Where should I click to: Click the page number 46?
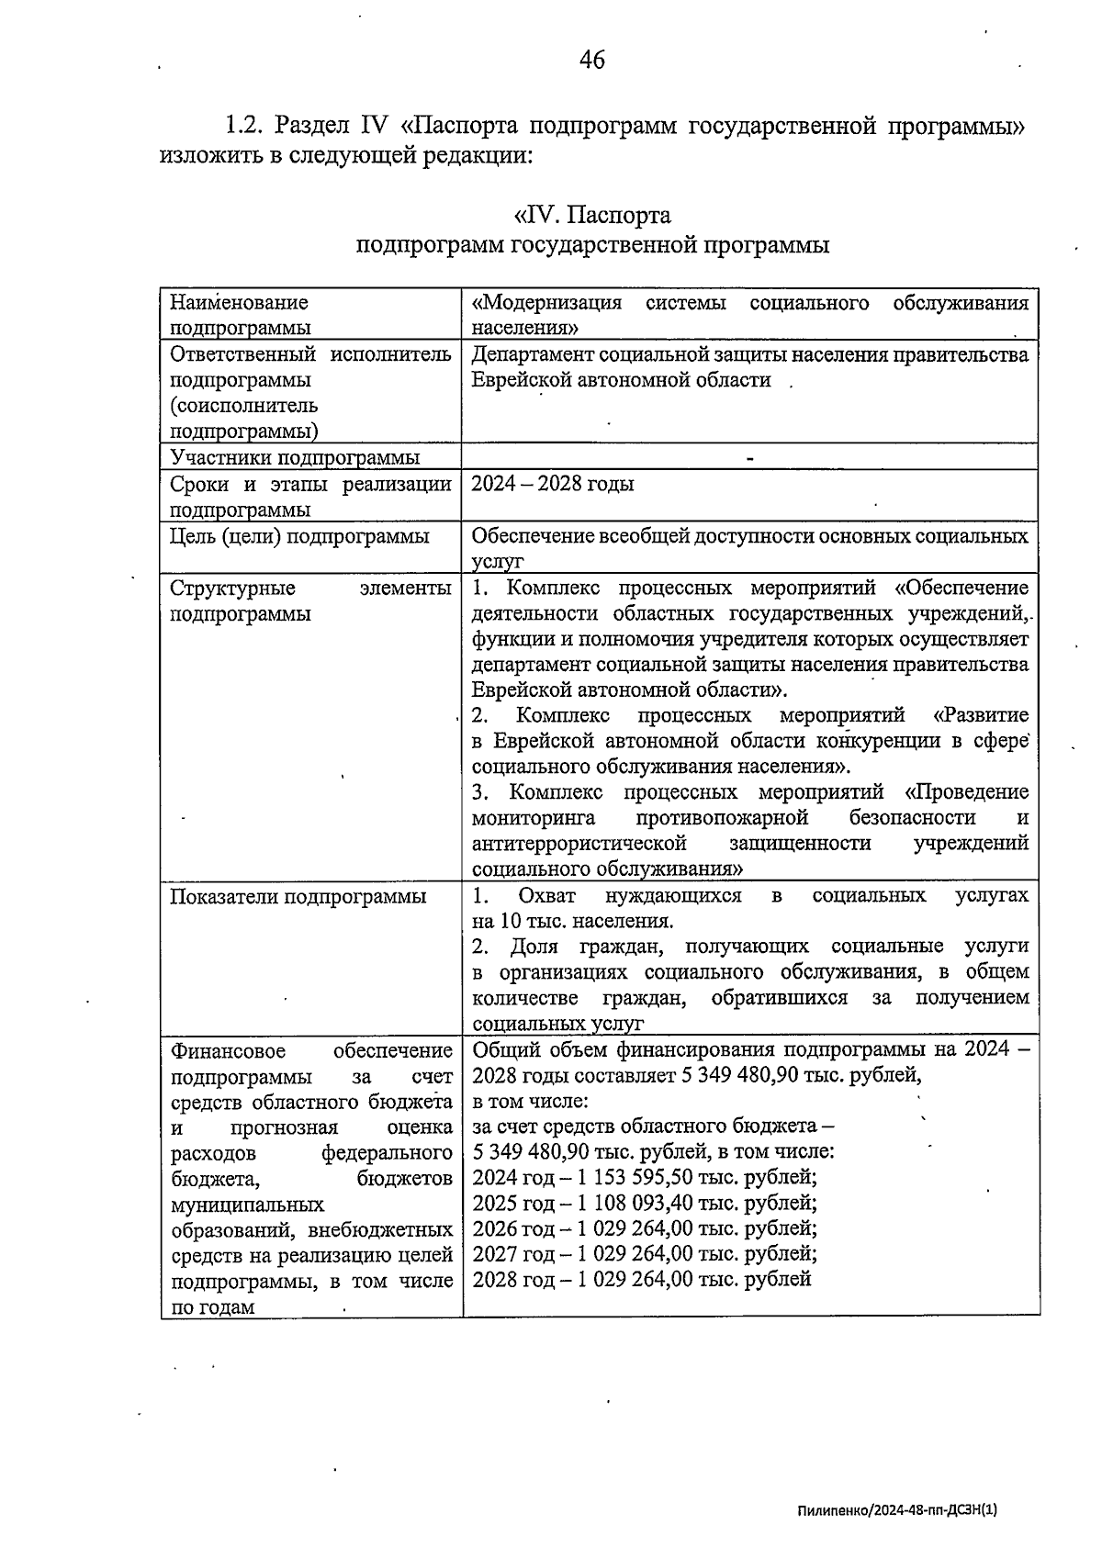pos(592,60)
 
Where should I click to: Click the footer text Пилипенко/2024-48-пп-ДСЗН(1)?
pos(897,1508)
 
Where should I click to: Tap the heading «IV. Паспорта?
pos(592,216)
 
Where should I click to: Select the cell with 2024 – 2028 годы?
pos(553,484)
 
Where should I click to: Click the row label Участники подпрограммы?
pos(295,457)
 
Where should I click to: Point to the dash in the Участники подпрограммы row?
pos(750,457)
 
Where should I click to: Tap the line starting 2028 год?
pos(642,1279)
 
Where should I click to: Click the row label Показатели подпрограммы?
pos(298,896)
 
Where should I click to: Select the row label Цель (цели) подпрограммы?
pos(299,536)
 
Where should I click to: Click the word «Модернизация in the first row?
pos(546,303)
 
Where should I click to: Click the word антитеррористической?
pos(579,843)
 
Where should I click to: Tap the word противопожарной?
pos(722,817)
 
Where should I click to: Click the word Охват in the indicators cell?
pos(546,896)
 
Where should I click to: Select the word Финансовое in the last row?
pos(228,1050)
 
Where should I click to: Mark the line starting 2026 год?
pos(645,1228)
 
